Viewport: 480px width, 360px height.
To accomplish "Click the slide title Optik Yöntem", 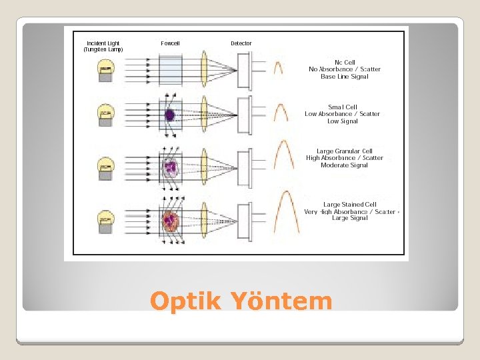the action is pos(241,301).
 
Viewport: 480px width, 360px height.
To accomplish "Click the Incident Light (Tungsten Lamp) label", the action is pos(103,47).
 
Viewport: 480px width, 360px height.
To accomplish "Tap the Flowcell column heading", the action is pos(170,43).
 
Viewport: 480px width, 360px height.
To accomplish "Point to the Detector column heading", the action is pos(241,43).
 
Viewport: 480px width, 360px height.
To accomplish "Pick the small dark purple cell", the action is pos(170,115).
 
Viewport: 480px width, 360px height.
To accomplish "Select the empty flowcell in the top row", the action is pos(171,69).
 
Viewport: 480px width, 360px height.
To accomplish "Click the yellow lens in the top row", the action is pos(205,69).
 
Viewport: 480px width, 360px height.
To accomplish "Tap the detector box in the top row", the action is pos(245,69).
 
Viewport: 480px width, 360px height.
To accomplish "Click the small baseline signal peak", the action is pos(278,67).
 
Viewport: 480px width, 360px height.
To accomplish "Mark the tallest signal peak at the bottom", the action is pos(286,213).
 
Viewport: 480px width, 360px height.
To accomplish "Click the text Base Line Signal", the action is pos(344,77).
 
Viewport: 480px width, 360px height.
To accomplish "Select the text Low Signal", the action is pos(342,121).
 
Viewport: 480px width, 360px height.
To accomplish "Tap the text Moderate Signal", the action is pos(344,165).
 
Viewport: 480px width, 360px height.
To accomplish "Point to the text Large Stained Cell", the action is pos(349,205).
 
